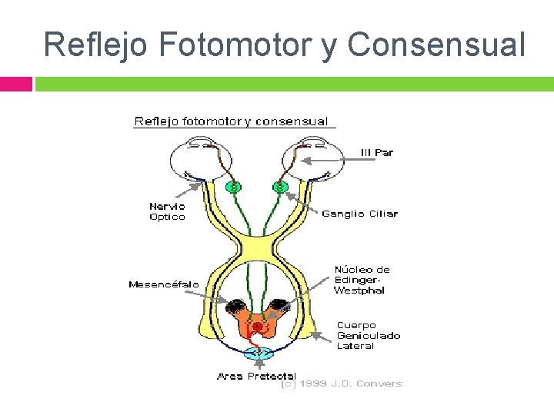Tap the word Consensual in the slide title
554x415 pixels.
click(436, 45)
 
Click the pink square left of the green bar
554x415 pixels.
click(15, 83)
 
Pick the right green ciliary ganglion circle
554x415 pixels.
click(279, 187)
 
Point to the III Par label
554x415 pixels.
click(376, 152)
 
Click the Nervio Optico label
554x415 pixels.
click(167, 211)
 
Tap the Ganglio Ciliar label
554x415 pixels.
click(359, 214)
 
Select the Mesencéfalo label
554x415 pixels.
click(163, 284)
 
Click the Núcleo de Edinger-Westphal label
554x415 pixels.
click(362, 280)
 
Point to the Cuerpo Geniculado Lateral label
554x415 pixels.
click(368, 336)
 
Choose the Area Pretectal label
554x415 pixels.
click(256, 376)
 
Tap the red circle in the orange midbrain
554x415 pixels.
click(258, 326)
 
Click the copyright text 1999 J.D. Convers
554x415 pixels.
click(342, 383)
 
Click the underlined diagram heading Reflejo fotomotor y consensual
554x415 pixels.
click(232, 121)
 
